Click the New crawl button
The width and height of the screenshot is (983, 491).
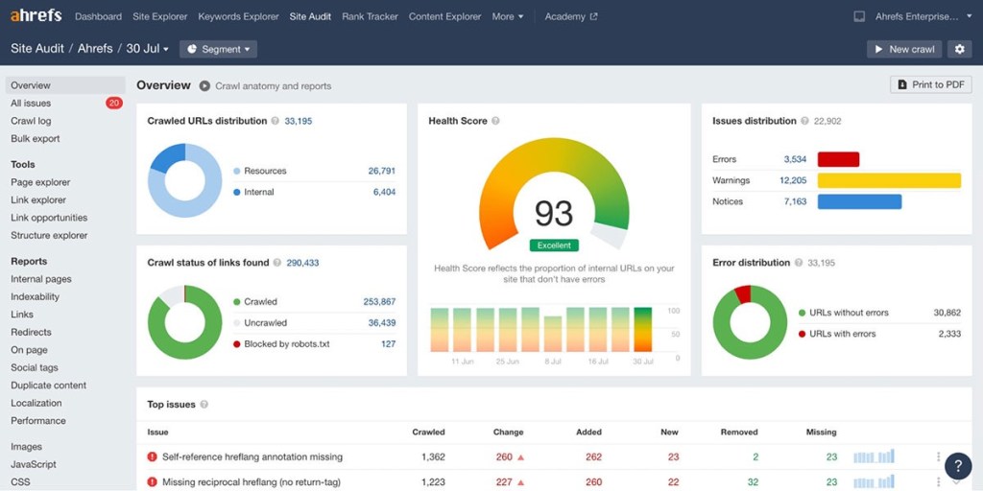(904, 49)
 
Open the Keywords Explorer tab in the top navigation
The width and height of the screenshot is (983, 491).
(238, 16)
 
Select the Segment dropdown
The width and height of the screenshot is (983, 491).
(219, 49)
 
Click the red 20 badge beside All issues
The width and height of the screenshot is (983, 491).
(114, 103)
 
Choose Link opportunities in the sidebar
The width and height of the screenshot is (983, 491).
(49, 218)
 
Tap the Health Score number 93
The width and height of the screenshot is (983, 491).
(554, 213)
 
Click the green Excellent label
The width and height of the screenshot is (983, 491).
(554, 245)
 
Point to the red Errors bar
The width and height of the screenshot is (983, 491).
(838, 159)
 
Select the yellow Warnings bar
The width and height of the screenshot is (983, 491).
(889, 180)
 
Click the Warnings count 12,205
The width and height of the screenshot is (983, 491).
(793, 180)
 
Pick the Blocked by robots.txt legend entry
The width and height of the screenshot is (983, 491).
(286, 344)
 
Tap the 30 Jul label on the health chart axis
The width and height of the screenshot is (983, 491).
(641, 362)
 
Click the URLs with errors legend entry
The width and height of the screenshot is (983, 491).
(842, 334)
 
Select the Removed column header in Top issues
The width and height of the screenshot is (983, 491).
(739, 433)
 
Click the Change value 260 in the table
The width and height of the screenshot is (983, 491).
(505, 457)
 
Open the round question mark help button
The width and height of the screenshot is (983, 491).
(957, 466)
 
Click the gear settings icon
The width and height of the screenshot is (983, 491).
(959, 49)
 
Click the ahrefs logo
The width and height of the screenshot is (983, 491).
(36, 16)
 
